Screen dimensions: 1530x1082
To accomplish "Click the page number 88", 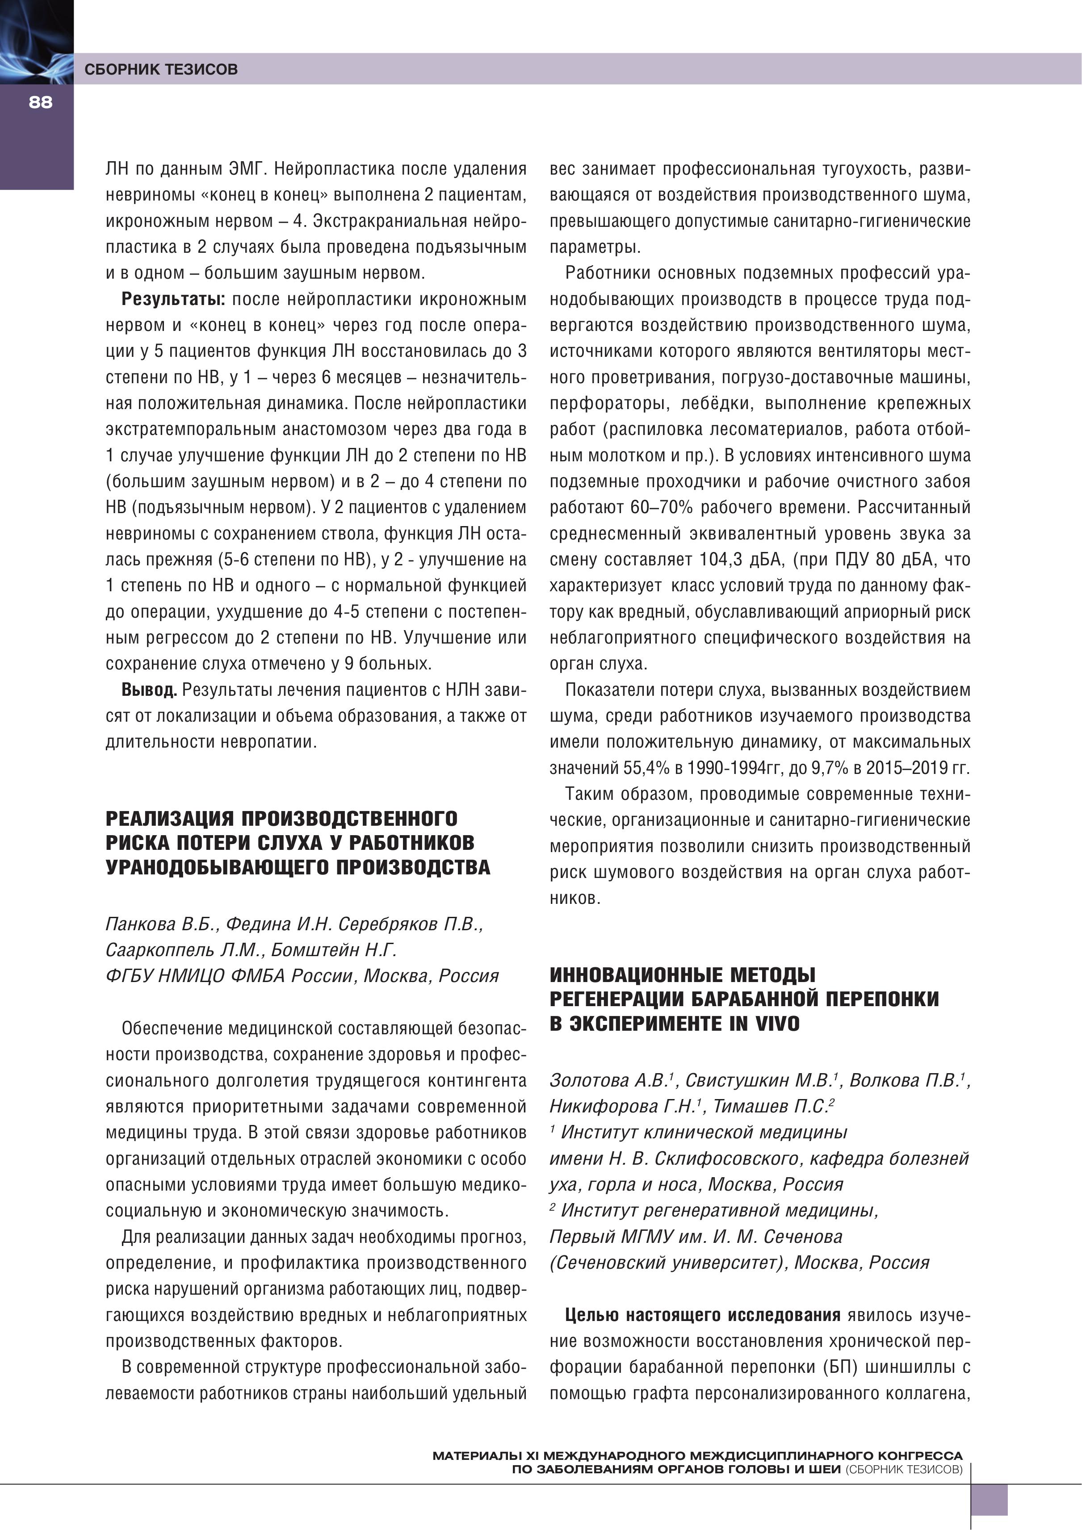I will [40, 103].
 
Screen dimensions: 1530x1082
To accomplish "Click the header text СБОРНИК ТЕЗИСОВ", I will [161, 69].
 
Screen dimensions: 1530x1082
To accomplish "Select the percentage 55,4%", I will [646, 768].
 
